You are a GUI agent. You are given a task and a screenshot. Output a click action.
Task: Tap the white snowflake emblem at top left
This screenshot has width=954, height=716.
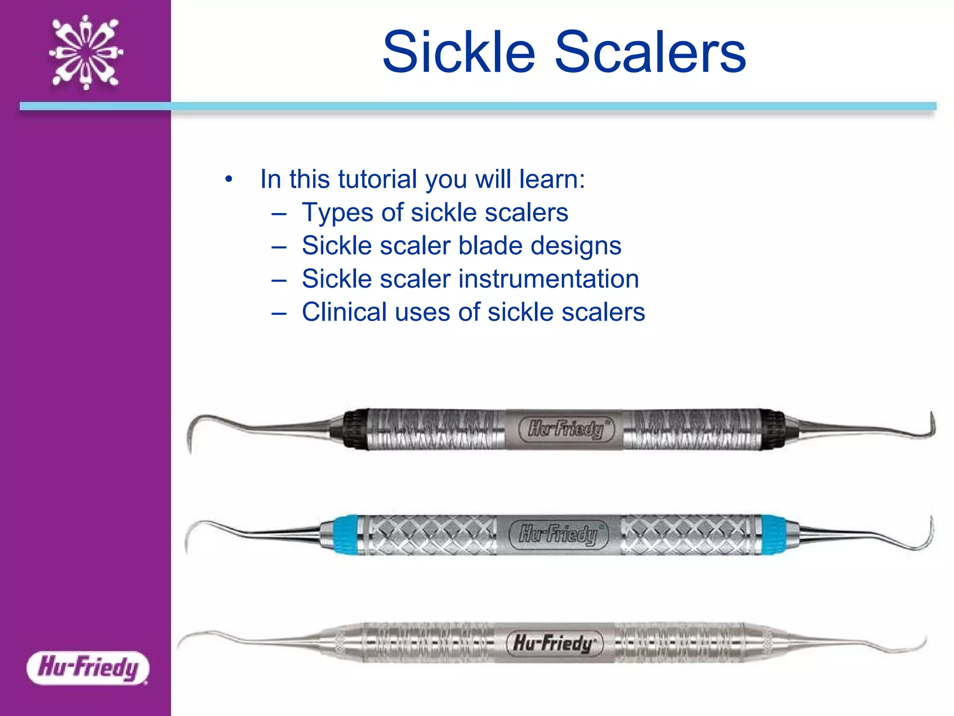(x=86, y=52)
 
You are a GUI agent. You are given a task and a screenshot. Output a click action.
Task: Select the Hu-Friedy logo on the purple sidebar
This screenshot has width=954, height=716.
(x=88, y=668)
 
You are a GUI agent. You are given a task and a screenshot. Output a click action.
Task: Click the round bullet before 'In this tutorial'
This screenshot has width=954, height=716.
(x=228, y=179)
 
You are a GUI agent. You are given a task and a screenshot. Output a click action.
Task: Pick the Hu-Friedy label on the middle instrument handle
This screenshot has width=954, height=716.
(x=558, y=534)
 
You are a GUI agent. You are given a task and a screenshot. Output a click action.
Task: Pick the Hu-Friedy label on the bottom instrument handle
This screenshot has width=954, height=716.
(x=554, y=643)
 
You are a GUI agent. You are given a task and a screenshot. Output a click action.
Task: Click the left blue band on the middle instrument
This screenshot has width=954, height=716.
(x=346, y=534)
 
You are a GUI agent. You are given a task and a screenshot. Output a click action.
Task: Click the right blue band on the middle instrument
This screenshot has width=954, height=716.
(x=773, y=534)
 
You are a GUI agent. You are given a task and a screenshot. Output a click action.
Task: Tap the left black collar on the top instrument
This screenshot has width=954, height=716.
(x=355, y=429)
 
